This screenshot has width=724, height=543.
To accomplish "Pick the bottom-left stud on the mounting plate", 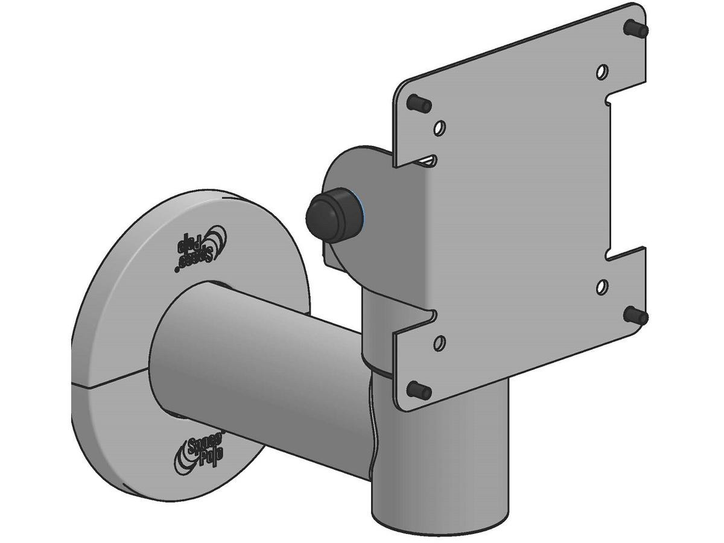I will tap(419, 390).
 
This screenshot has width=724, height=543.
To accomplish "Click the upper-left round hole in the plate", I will tap(440, 128).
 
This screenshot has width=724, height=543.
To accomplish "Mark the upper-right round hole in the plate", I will tap(602, 72).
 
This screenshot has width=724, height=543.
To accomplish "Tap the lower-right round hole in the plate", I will tap(602, 286).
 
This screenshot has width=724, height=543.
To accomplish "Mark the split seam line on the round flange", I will tap(109, 381).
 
